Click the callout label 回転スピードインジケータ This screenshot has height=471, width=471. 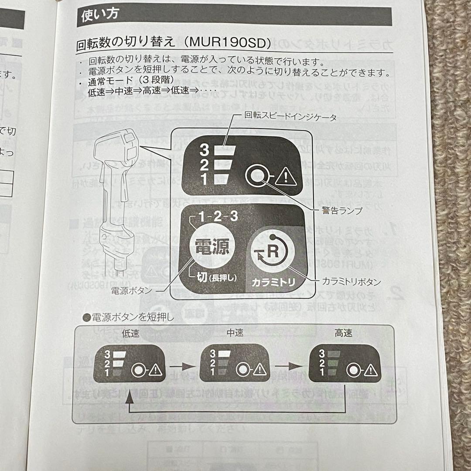290,117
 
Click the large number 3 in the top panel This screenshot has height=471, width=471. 204,150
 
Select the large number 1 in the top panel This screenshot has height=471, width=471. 204,179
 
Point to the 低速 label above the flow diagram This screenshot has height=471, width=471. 131,334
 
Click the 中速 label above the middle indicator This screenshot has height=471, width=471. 235,333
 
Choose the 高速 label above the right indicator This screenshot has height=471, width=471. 344,334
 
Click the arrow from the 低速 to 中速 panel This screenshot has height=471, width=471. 182,363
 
